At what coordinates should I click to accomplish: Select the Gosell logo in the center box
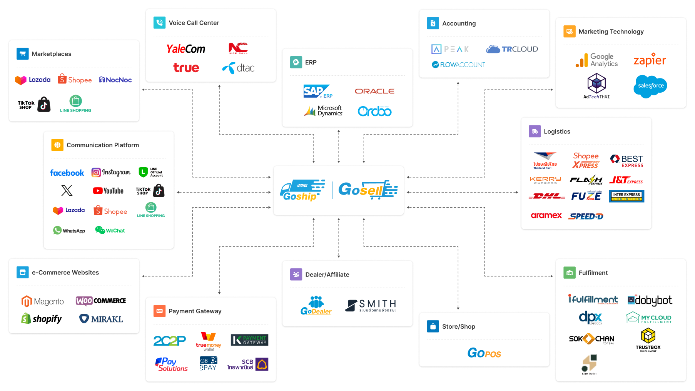tap(368, 190)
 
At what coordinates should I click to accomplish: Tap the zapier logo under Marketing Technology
tap(650, 60)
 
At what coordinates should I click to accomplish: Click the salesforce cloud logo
tap(650, 86)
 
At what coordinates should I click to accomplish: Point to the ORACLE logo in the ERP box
tap(374, 91)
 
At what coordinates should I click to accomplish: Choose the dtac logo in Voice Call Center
tap(239, 68)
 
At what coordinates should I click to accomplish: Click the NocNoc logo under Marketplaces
tap(115, 80)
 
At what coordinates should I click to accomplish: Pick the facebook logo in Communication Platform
tap(67, 173)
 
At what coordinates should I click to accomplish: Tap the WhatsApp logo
tap(69, 231)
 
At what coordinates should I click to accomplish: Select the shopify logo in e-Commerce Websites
tap(42, 319)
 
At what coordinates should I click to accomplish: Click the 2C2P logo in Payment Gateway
tap(169, 341)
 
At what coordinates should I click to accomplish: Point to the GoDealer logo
tap(316, 305)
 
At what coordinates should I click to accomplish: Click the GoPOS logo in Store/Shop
tap(484, 353)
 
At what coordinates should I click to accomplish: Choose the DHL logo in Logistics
tap(547, 196)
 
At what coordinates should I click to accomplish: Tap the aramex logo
tap(546, 216)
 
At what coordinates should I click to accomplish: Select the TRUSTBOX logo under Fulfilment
tap(648, 340)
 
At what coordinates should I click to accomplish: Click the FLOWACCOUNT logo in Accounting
tap(458, 65)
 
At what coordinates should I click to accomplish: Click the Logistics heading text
tap(557, 131)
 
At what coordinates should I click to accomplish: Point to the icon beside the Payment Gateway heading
tap(159, 311)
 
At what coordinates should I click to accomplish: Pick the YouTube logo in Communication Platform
tap(109, 191)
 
